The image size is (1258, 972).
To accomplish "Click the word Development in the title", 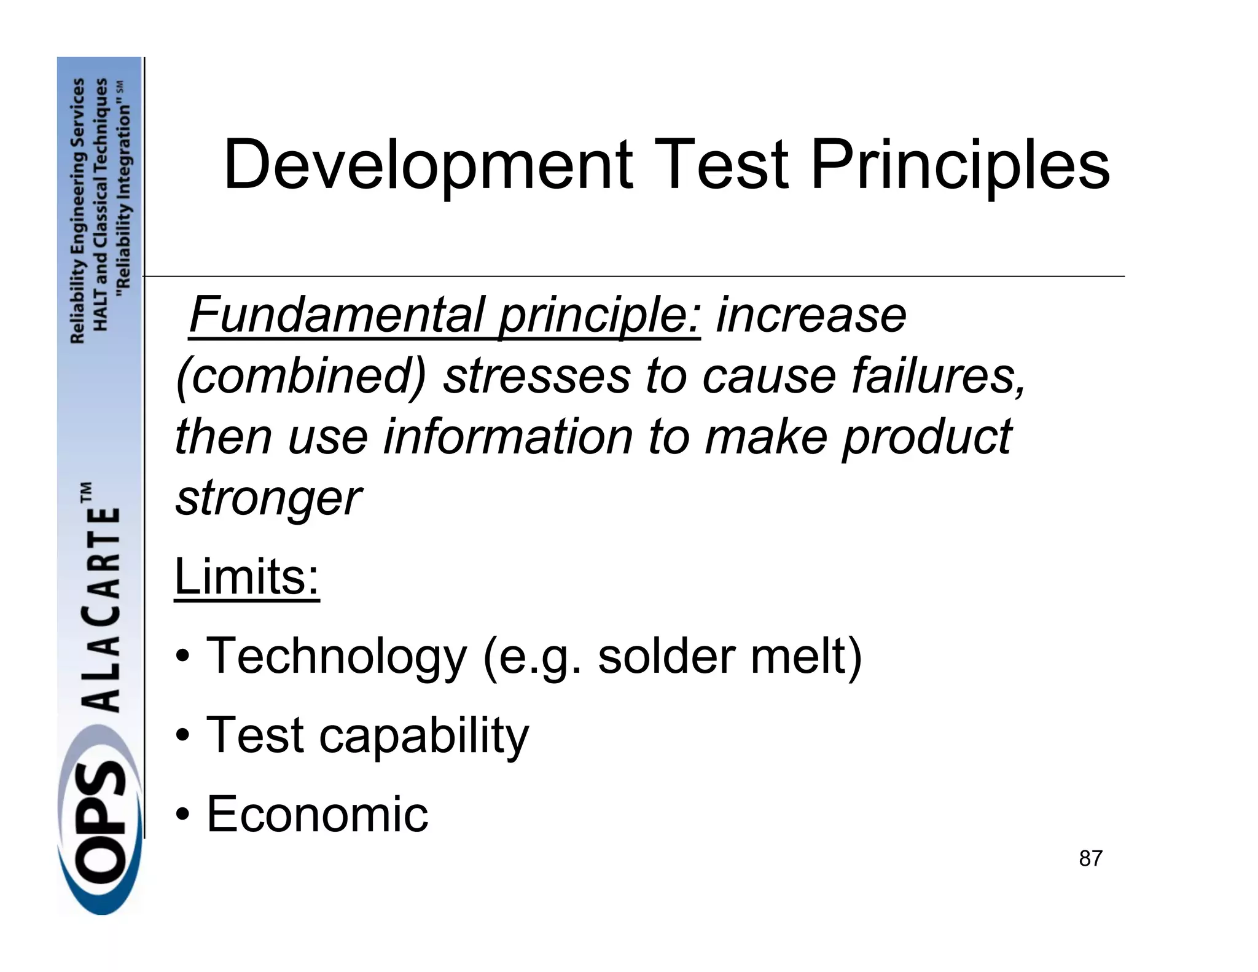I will click(428, 165).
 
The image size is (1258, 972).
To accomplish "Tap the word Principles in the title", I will click(960, 165).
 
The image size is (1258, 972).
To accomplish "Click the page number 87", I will click(1090, 858).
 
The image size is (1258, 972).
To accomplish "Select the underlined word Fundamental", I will click(337, 315).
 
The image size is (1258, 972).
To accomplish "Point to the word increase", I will click(811, 315).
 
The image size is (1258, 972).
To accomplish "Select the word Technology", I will click(337, 656).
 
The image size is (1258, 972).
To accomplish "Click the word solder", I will click(666, 656).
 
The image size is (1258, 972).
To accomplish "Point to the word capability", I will click(424, 735).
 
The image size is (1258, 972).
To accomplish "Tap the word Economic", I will click(317, 813).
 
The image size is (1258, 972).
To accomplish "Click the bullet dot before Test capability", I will click(182, 735).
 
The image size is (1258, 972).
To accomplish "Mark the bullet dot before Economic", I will click(182, 814).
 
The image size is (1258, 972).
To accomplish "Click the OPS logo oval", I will click(100, 836).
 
